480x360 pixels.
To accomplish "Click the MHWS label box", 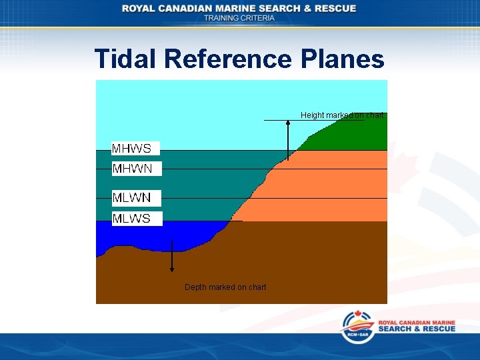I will (135, 148).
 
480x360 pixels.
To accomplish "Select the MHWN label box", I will (136, 169).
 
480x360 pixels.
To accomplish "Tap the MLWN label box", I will (136, 198).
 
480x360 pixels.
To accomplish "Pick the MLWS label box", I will (137, 219).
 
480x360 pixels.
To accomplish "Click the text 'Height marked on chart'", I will (341, 115).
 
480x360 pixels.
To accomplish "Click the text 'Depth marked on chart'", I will (225, 287).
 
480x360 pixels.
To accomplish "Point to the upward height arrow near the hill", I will (288, 141).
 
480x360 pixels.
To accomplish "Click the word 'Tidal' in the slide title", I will (125, 59).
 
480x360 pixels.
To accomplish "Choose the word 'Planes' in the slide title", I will (343, 59).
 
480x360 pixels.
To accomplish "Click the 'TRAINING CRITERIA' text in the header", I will (239, 18).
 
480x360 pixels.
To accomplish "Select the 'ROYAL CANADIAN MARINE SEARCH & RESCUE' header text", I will (239, 8).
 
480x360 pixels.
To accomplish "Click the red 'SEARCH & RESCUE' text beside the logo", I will (417, 329).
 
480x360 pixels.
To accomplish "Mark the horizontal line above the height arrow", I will (313, 120).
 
